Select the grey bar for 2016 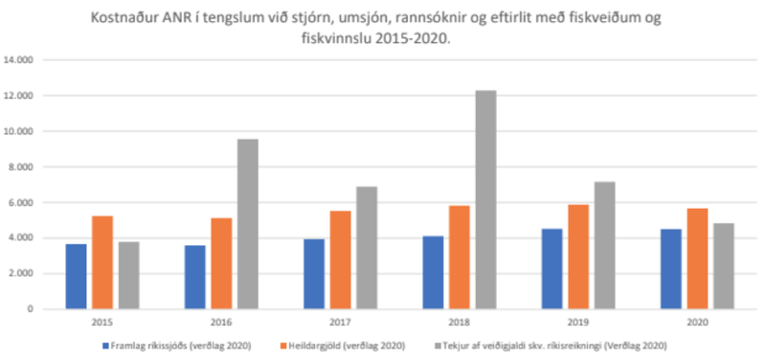247,224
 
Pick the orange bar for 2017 340,259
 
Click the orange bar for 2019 578,257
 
